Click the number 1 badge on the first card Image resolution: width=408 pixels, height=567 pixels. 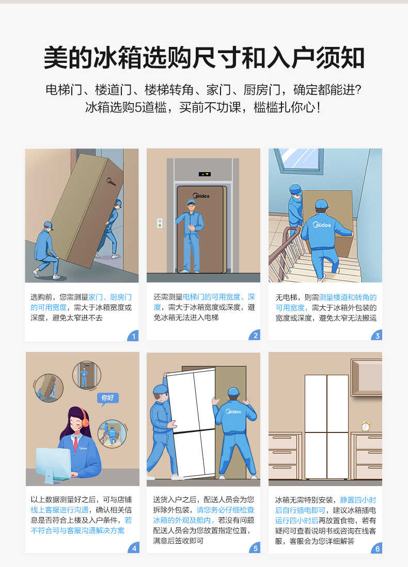pyautogui.click(x=134, y=337)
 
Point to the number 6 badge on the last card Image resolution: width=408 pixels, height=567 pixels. pyautogui.click(x=377, y=548)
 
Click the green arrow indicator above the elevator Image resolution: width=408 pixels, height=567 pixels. pyautogui.click(x=205, y=174)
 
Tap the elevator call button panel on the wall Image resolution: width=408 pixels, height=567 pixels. pyautogui.click(x=160, y=223)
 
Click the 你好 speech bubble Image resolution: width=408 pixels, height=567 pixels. pyautogui.click(x=108, y=398)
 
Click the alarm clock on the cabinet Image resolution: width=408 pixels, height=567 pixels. pyautogui.click(x=366, y=426)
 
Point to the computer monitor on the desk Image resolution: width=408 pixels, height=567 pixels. pyautogui.click(x=53, y=462)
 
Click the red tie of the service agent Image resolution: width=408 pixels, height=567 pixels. pyautogui.click(x=75, y=444)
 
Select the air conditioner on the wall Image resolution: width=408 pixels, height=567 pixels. pyautogui.click(x=366, y=377)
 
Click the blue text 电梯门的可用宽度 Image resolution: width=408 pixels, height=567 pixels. pyautogui.click(x=211, y=297)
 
